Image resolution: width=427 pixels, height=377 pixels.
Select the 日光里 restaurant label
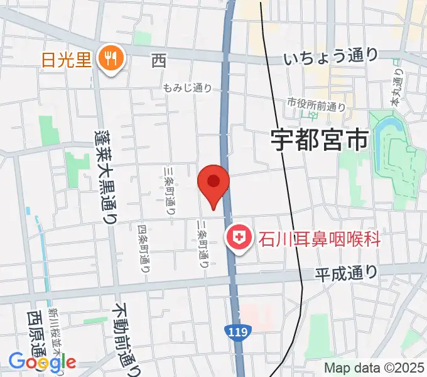(67, 60)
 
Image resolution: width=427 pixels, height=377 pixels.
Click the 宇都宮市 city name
(319, 140)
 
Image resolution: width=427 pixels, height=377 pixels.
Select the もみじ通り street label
(187, 89)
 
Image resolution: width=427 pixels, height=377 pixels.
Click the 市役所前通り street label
(316, 102)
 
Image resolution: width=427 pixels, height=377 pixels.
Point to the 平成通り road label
(347, 273)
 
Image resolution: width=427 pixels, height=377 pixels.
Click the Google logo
(42, 361)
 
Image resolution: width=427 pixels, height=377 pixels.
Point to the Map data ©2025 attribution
(374, 368)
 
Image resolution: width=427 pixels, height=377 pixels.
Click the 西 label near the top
(158, 61)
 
